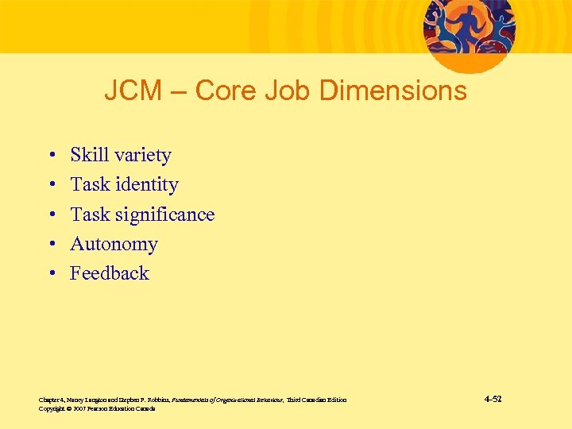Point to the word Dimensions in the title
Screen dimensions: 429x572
[392, 91]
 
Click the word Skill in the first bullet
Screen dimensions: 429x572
[89, 155]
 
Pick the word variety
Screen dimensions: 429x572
[142, 156]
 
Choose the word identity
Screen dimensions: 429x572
[146, 185]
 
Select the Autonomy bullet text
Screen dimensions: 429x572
[114, 245]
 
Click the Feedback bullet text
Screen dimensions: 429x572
[110, 273]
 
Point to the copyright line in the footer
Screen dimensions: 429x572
[97, 408]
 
